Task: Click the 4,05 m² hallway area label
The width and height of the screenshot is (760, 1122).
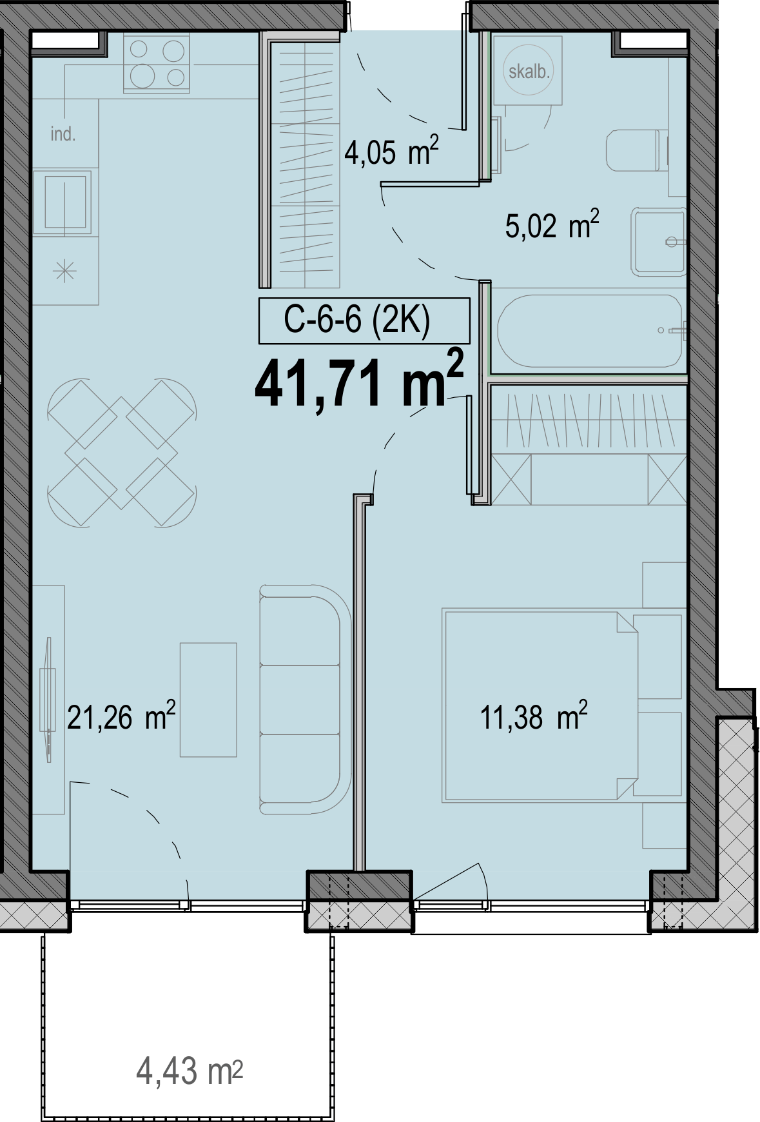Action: coord(391,152)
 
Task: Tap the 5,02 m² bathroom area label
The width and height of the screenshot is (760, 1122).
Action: coord(552,226)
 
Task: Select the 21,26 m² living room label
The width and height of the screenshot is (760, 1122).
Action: coord(121,716)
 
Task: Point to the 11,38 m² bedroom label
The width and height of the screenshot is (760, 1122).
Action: coord(534,716)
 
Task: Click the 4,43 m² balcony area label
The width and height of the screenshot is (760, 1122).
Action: coord(190,1071)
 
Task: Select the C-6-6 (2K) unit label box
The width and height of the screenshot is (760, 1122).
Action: coord(364,320)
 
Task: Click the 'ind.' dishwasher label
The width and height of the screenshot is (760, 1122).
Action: coord(63,134)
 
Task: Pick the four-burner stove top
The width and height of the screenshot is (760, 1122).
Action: coord(157,63)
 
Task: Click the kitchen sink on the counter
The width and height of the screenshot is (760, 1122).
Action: coord(64,202)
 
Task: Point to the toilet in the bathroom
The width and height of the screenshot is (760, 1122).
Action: coord(637,150)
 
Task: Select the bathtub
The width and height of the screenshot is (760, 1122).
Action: coord(590,331)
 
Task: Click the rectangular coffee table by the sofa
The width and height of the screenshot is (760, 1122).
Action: coord(208,700)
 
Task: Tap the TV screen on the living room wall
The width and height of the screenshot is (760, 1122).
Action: coord(48,699)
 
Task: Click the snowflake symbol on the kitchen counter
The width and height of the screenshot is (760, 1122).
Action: coord(65,271)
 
